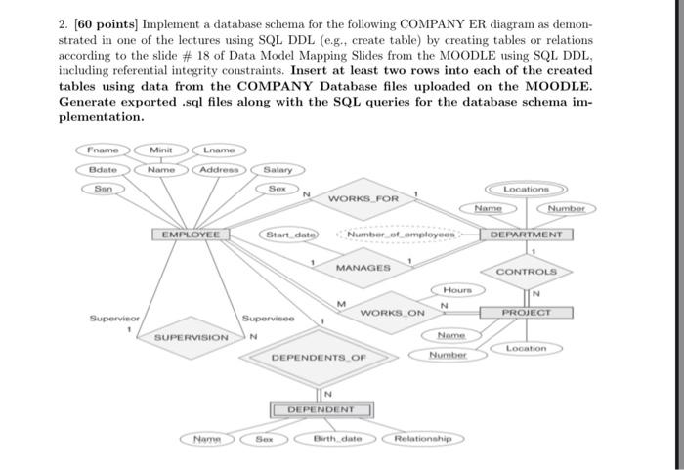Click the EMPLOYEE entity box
191,235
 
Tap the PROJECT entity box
526,312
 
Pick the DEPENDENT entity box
315,409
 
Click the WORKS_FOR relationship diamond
362,199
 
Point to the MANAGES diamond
363,267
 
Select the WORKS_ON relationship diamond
392,313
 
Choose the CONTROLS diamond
526,271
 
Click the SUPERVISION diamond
192,337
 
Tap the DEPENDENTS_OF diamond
319,358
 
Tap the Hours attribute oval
456,290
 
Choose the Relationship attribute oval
420,439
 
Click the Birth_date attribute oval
336,439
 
